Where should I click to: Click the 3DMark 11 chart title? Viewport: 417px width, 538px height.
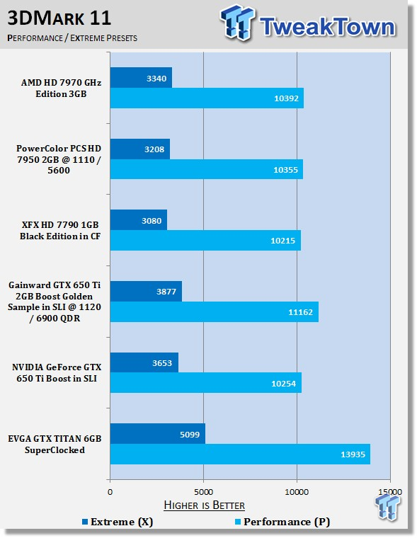[x=59, y=18]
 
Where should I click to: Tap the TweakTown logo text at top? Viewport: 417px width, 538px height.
[x=327, y=26]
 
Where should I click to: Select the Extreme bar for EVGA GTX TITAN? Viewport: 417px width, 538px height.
[x=158, y=434]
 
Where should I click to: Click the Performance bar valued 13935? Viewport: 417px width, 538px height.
[x=240, y=454]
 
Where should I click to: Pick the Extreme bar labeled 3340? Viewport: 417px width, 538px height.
[x=141, y=78]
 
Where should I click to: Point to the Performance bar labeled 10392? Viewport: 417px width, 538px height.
[x=207, y=98]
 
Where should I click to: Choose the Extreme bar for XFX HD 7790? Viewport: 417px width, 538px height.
[x=139, y=220]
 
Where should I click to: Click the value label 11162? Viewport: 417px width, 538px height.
[x=300, y=312]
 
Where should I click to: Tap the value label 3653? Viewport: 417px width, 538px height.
[x=162, y=363]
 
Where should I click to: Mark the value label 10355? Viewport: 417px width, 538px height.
[x=285, y=170]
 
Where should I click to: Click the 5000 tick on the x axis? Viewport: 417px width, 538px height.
[x=203, y=492]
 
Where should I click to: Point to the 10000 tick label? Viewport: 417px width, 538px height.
[x=297, y=492]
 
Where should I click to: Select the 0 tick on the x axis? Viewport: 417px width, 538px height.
[x=110, y=492]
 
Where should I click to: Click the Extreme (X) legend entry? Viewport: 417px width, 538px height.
[x=118, y=522]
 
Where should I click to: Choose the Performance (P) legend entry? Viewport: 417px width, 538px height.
[x=282, y=522]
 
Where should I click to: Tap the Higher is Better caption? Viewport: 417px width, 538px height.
[x=204, y=505]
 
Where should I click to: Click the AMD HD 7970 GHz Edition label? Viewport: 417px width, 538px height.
[x=61, y=88]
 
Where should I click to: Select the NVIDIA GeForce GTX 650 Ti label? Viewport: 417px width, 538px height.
[x=57, y=372]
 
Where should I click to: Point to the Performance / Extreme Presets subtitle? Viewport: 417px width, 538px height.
[x=72, y=38]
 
